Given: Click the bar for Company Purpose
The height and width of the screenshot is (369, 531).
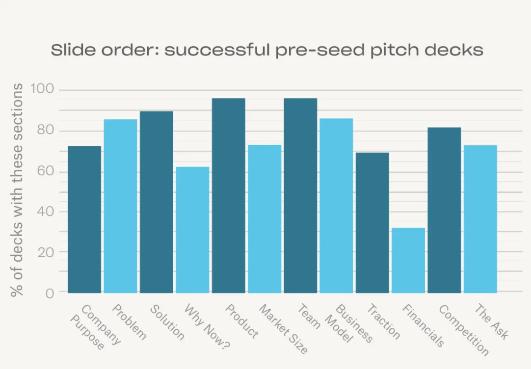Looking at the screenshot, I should pyautogui.click(x=84, y=219).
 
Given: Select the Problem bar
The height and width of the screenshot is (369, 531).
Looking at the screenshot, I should pyautogui.click(x=120, y=206).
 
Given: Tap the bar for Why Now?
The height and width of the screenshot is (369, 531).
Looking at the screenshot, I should pyautogui.click(x=192, y=230).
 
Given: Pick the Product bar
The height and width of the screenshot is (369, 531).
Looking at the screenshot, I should pyautogui.click(x=228, y=195).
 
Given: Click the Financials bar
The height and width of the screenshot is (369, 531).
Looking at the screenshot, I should pyautogui.click(x=408, y=260).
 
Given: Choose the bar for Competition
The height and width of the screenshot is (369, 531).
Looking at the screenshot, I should pyautogui.click(x=444, y=210).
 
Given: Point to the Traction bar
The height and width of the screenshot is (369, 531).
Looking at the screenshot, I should pyautogui.click(x=372, y=223).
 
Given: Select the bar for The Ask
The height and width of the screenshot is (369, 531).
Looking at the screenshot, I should pyautogui.click(x=480, y=219).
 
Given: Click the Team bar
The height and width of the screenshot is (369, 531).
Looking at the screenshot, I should pyautogui.click(x=300, y=195).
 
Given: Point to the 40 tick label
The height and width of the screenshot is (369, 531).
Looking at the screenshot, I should pyautogui.click(x=45, y=211).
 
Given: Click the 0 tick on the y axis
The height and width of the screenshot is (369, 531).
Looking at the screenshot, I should pyautogui.click(x=49, y=293).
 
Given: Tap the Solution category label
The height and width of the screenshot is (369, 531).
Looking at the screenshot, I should pyautogui.click(x=167, y=322).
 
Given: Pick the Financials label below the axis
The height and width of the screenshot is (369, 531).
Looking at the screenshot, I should pyautogui.click(x=423, y=325).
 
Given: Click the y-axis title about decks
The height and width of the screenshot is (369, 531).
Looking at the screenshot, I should pyautogui.click(x=18, y=190).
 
